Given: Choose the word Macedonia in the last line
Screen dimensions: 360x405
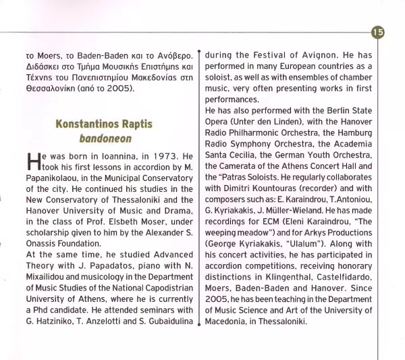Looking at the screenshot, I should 229,321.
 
